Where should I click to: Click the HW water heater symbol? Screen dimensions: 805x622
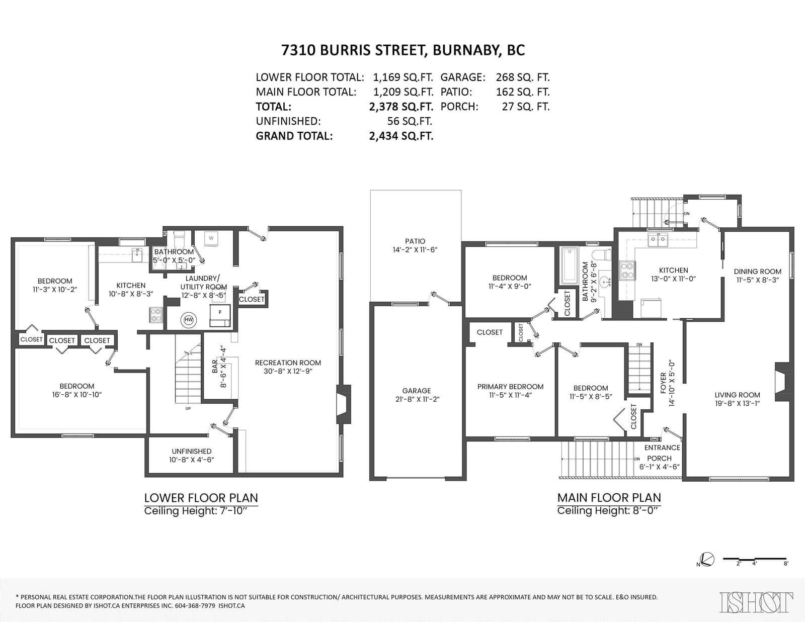[189, 319]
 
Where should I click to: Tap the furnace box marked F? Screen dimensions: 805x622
[220, 315]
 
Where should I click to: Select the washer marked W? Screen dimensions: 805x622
[211, 238]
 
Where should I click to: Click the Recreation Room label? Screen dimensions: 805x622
[288, 363]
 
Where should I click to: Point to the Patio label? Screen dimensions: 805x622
[415, 241]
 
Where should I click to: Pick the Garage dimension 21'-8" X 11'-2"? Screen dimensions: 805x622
[417, 399]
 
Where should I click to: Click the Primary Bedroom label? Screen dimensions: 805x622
[511, 387]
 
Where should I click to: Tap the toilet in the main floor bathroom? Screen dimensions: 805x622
[601, 254]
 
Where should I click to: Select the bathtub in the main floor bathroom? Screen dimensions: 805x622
[569, 265]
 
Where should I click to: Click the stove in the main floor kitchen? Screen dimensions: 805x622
[627, 271]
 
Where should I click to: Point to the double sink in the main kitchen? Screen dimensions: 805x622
[658, 241]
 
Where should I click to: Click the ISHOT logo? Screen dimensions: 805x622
[756, 602]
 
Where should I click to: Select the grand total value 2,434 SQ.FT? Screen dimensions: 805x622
[401, 136]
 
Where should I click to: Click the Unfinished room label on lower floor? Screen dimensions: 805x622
[192, 452]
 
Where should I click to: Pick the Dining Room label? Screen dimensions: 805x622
[758, 272]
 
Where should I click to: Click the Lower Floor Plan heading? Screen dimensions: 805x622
[201, 498]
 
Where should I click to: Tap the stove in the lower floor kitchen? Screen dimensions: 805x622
[156, 315]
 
